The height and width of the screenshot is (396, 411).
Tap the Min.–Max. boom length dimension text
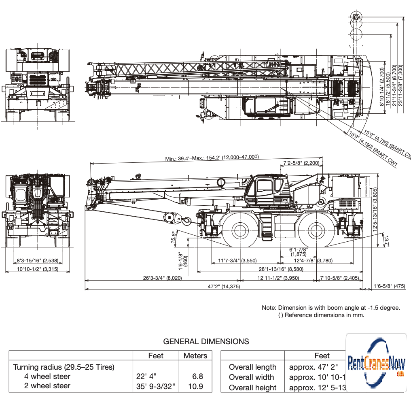(212, 158)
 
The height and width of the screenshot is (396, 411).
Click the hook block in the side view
(186, 221)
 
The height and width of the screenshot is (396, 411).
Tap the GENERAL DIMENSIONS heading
(206, 341)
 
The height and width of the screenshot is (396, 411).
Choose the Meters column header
(195, 356)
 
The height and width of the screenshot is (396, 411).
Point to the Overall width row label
(251, 377)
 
